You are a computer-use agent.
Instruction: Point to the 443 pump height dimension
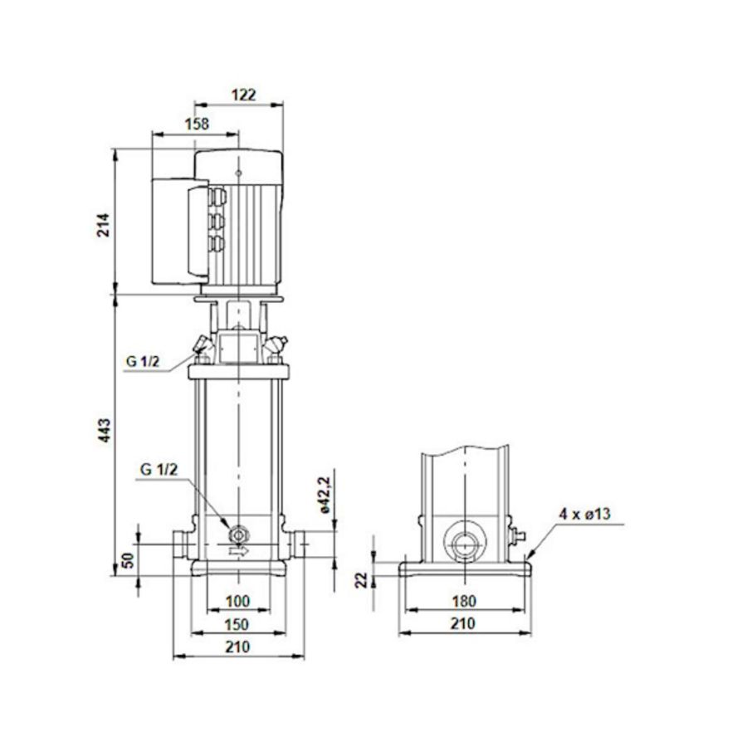click(x=104, y=432)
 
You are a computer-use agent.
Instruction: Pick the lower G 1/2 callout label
click(x=158, y=470)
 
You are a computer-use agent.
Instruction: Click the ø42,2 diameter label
click(x=325, y=496)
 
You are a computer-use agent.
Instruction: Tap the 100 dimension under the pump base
click(x=237, y=601)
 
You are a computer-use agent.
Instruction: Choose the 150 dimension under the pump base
click(x=237, y=624)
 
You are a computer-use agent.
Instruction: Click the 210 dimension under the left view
click(x=237, y=647)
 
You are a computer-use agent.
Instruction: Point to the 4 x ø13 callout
click(x=584, y=515)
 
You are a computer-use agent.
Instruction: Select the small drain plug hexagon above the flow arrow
click(x=239, y=532)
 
